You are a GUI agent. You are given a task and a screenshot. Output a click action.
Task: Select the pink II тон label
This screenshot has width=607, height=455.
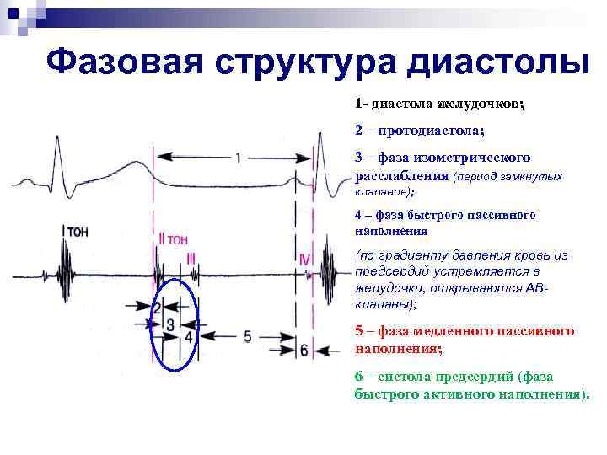(173, 239)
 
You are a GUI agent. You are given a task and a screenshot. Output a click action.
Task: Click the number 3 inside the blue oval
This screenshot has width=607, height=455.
(171, 323)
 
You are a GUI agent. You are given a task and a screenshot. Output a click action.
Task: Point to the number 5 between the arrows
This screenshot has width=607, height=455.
(247, 336)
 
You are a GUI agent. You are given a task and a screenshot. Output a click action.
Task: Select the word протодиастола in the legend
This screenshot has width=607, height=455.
(430, 131)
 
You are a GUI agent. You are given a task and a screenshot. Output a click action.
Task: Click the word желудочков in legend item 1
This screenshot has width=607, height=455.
(480, 104)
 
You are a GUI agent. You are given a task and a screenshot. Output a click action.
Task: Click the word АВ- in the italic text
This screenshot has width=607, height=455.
(535, 287)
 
